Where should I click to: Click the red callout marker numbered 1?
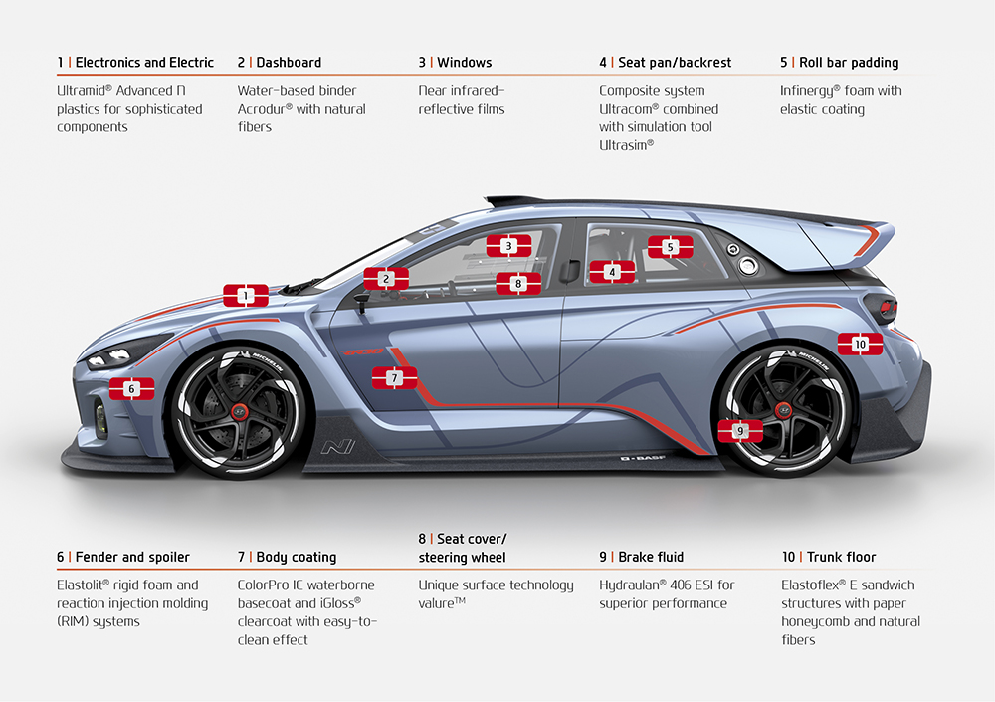pos(245,295)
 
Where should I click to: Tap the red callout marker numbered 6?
pos(132,389)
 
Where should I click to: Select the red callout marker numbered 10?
pos(860,344)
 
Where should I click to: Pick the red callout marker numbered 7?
pos(394,378)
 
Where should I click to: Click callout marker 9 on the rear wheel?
pos(739,431)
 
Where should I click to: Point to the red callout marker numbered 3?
pos(508,245)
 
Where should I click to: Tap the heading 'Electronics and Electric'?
pos(144,62)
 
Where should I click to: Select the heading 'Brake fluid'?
pos(651,557)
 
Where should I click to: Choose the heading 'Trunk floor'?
pos(842,557)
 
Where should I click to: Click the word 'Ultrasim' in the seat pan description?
pos(624,145)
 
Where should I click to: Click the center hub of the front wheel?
pos(239,411)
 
